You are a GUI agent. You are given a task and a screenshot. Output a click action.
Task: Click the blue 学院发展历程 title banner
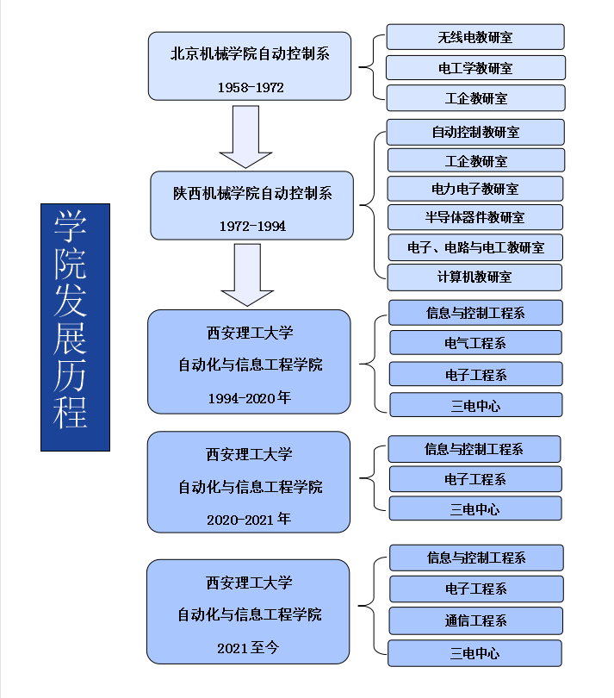pos(75,327)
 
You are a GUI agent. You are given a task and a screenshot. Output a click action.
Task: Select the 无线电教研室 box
pos(475,37)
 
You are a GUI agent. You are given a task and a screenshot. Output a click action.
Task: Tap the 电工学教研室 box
pos(475,67)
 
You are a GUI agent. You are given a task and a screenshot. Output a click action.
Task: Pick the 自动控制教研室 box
pos(475,132)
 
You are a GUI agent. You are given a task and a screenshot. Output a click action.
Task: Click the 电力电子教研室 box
pos(475,189)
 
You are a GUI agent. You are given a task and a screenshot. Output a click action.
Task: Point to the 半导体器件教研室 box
pos(475,217)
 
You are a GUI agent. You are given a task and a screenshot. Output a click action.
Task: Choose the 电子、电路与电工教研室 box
pos(475,247)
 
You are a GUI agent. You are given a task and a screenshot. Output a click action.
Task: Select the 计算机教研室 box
pos(474,277)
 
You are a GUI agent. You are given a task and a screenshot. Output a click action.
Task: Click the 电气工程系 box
pos(475,343)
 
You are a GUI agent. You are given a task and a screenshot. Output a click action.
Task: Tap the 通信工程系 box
pos(475,620)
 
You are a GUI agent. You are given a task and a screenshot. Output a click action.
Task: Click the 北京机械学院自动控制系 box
pos(250,66)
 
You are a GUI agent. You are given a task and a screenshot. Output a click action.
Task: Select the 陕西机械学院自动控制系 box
pos(252,205)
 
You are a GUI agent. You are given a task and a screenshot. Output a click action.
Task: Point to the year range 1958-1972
pos(251,87)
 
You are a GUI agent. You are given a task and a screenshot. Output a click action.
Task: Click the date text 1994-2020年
pos(250,397)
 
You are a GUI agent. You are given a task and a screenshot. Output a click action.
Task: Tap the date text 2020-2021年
pos(249,520)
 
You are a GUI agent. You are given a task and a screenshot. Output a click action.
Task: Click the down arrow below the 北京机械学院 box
pos(245,137)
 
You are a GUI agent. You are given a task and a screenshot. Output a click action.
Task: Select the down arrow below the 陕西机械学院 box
pos(247,275)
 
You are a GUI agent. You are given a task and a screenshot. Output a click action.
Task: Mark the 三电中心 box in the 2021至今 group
pos(474,652)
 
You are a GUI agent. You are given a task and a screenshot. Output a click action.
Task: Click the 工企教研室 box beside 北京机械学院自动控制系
pos(475,98)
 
